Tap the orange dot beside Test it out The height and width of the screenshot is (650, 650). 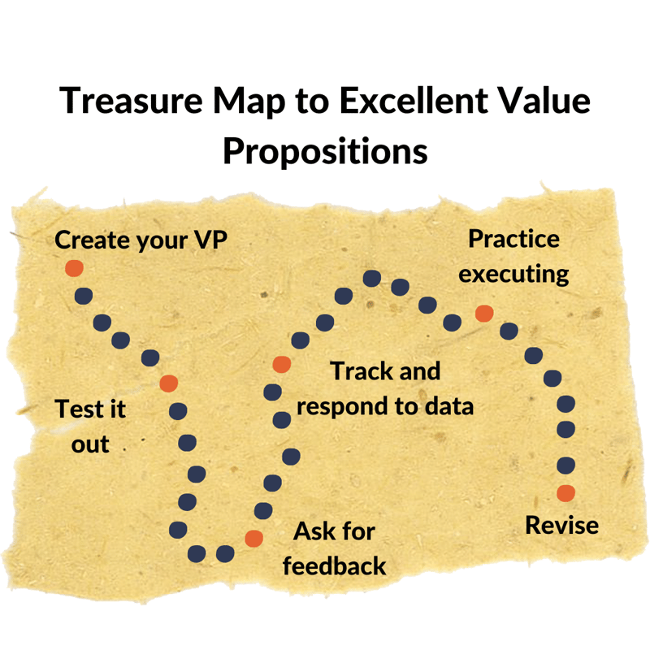[169, 383]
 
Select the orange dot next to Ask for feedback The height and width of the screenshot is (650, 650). [253, 537]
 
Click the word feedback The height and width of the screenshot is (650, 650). [334, 565]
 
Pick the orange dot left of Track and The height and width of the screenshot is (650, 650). [281, 364]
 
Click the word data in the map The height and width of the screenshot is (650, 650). [446, 405]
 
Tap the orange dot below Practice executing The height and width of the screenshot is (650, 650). [484, 313]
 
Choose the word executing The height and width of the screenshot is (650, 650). [513, 273]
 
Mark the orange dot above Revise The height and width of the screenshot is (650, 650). [565, 492]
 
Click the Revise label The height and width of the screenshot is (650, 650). [561, 525]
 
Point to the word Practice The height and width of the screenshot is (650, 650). [513, 240]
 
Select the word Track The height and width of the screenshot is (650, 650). [362, 371]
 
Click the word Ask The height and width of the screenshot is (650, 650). [311, 532]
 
